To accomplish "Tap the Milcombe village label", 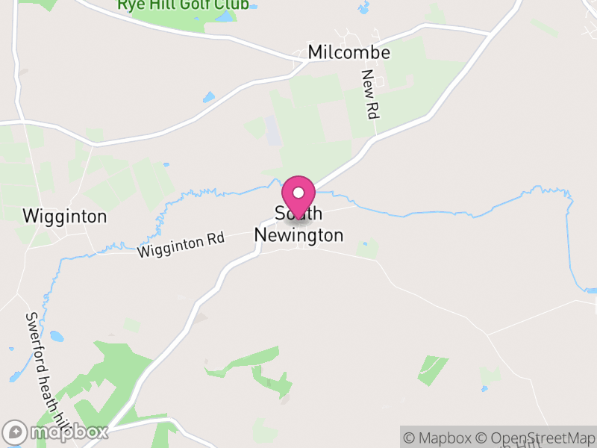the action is click(x=349, y=53).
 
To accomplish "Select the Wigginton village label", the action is click(x=65, y=217).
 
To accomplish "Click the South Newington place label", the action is click(x=298, y=225).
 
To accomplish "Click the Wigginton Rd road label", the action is click(x=181, y=245).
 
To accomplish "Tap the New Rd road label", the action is click(x=369, y=95).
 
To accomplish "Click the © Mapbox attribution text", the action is click(x=437, y=438).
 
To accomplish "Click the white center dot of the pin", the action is click(x=298, y=193).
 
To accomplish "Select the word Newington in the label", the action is click(x=298, y=235).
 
